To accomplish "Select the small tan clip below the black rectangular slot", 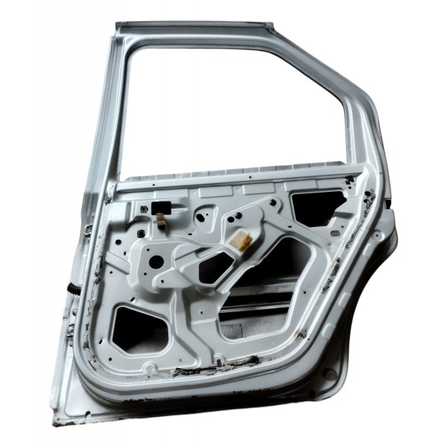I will click(x=160, y=219).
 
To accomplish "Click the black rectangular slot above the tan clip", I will click(x=158, y=207).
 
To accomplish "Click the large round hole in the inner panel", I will click(x=156, y=262).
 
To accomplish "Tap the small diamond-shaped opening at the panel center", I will click(x=215, y=267).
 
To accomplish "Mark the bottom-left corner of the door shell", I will click(x=57, y=421).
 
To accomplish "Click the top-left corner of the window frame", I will click(x=121, y=29).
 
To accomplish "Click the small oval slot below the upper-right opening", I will click(x=335, y=234).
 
